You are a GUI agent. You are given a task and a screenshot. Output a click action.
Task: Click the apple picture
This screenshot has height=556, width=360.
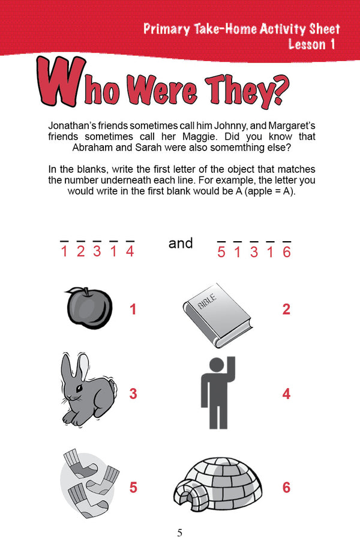click(89, 307)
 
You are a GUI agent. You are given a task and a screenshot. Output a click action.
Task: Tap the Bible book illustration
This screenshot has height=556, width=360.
click(218, 314)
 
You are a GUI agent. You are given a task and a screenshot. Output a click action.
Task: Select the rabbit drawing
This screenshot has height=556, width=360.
click(88, 389)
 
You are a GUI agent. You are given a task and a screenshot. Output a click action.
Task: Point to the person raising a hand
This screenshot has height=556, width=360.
click(218, 392)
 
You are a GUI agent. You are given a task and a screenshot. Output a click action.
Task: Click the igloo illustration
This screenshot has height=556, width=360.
click(218, 485)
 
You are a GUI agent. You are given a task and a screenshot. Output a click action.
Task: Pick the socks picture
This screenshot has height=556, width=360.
click(89, 483)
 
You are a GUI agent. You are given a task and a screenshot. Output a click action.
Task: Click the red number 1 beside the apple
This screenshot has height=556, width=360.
click(133, 309)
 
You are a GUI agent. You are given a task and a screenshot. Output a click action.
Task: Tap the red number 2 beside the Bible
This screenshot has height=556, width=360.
click(286, 309)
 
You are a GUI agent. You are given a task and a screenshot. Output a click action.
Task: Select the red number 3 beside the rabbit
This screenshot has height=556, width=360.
click(133, 393)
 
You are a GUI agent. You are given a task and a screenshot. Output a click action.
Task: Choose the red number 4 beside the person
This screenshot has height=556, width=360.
click(286, 393)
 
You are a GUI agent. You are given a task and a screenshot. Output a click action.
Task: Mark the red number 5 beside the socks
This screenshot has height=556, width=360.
click(133, 487)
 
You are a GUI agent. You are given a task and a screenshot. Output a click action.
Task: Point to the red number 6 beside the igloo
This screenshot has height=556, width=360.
click(286, 487)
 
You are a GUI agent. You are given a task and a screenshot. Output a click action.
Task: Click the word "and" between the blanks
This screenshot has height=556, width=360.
click(181, 244)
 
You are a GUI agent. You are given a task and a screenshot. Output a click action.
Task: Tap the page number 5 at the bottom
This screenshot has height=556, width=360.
click(180, 533)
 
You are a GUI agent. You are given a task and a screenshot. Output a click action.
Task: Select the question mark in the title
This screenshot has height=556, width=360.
click(279, 91)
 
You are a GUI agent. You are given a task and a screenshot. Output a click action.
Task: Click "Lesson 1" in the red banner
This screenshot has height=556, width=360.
click(311, 44)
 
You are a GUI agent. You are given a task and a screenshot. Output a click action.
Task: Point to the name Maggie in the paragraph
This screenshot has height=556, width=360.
click(200, 137)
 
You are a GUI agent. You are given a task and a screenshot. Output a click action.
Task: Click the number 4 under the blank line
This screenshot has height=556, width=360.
click(130, 251)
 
